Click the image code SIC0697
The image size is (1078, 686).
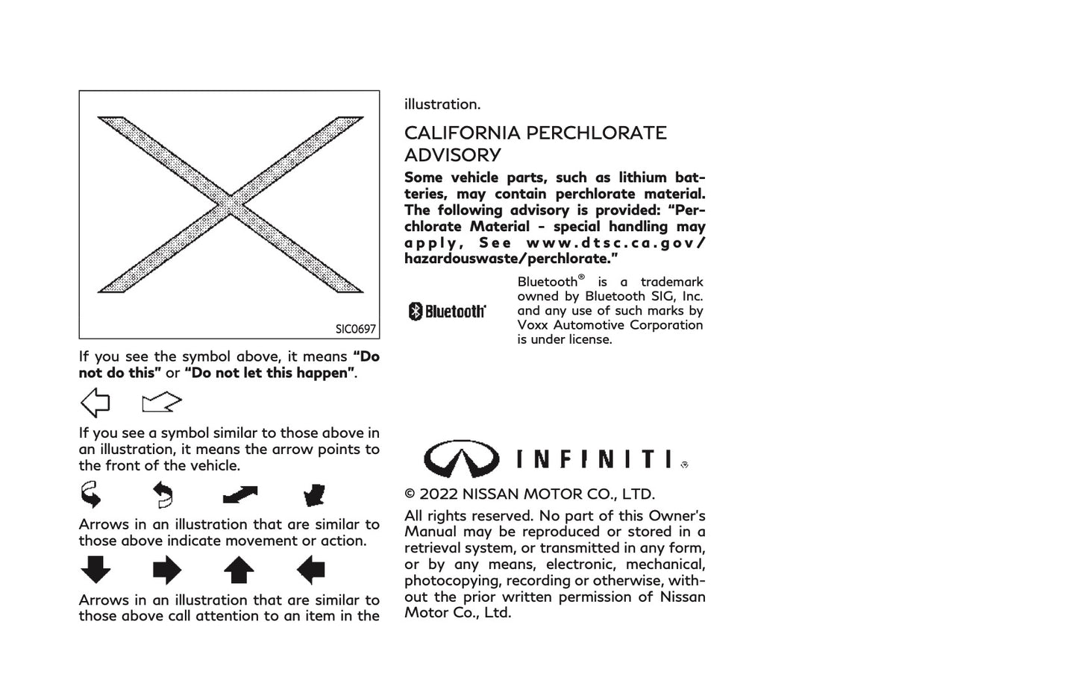pyautogui.click(x=355, y=329)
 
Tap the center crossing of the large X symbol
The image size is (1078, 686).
pyautogui.click(x=231, y=204)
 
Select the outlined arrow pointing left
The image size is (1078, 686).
pyautogui.click(x=95, y=403)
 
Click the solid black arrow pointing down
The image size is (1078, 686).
pyautogui.click(x=95, y=570)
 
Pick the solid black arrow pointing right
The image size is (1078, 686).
pyautogui.click(x=166, y=570)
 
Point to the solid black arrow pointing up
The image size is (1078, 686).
pyautogui.click(x=239, y=570)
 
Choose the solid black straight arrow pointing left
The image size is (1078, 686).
pyautogui.click(x=310, y=570)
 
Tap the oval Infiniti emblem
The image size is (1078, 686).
pyautogui.click(x=461, y=458)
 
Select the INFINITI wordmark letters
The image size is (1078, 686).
pyautogui.click(x=597, y=459)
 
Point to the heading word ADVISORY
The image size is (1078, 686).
pyautogui.click(x=452, y=156)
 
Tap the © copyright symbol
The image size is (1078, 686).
pyautogui.click(x=410, y=494)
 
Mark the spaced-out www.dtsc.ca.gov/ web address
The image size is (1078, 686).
pyautogui.click(x=615, y=243)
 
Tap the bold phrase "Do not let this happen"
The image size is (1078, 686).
pyautogui.click(x=269, y=373)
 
